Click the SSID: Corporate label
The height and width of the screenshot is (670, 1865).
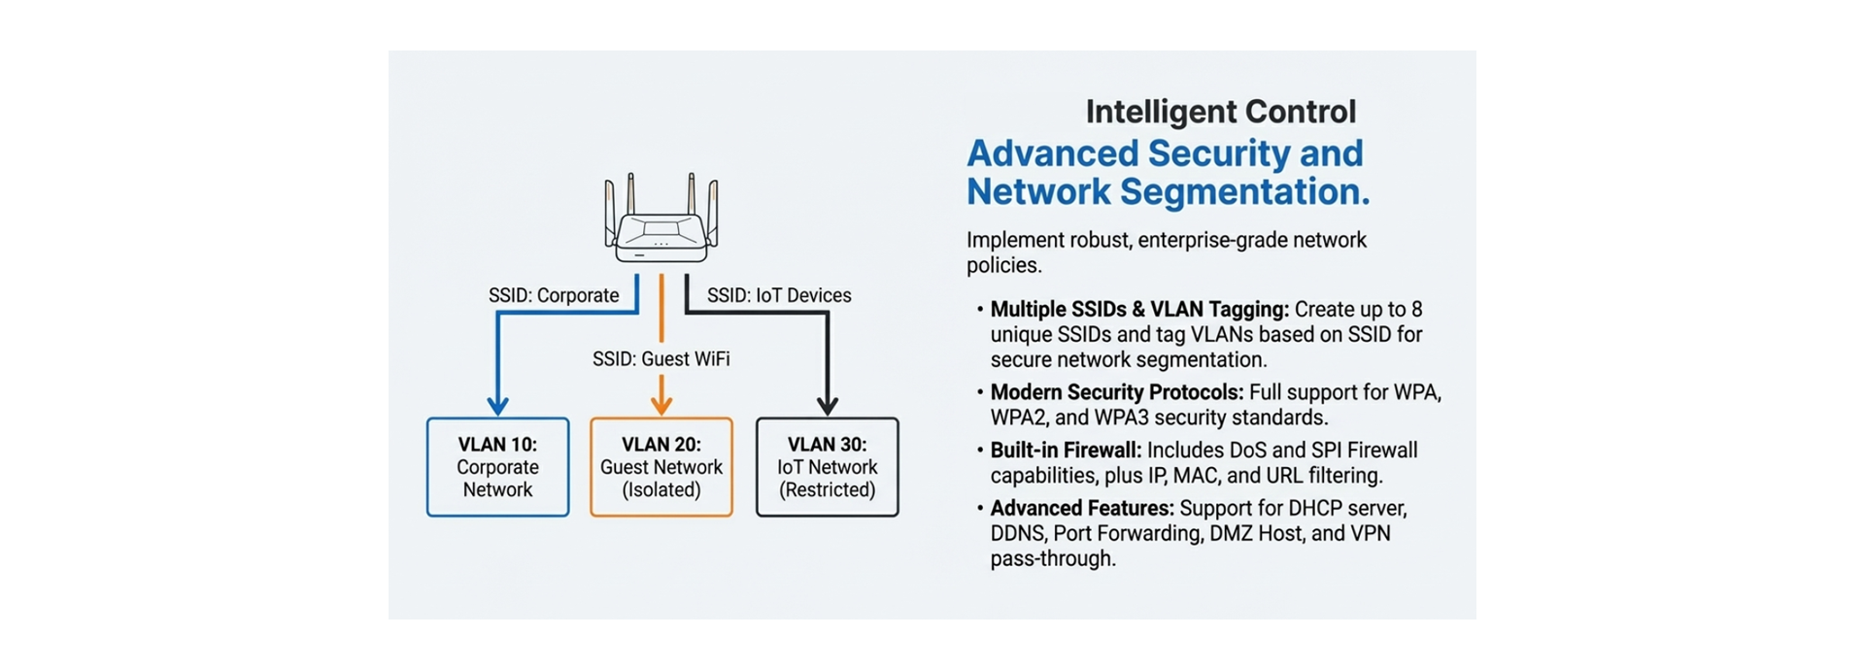pyautogui.click(x=554, y=295)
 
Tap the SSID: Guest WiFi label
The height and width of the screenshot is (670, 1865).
pyautogui.click(x=661, y=358)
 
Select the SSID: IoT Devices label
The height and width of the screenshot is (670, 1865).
pyautogui.click(x=779, y=295)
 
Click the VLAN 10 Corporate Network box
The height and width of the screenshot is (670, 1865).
pyautogui.click(x=498, y=467)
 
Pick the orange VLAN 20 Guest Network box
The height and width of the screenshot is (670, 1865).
pyautogui.click(x=661, y=467)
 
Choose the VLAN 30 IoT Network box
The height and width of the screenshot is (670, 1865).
pyautogui.click(x=828, y=467)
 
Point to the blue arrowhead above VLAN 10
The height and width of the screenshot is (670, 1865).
pyautogui.click(x=498, y=405)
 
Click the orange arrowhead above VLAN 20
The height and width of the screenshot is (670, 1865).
pyautogui.click(x=661, y=405)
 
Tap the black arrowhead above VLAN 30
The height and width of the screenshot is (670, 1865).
pyautogui.click(x=828, y=405)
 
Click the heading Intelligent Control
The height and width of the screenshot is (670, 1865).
pyautogui.click(x=1221, y=112)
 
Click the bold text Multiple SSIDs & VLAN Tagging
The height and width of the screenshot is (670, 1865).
pyautogui.click(x=1139, y=309)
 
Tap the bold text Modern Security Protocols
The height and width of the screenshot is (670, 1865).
pyautogui.click(x=1116, y=392)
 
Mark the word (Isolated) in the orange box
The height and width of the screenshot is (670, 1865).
pyautogui.click(x=661, y=490)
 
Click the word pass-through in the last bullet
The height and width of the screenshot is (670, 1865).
pyautogui.click(x=1053, y=559)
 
